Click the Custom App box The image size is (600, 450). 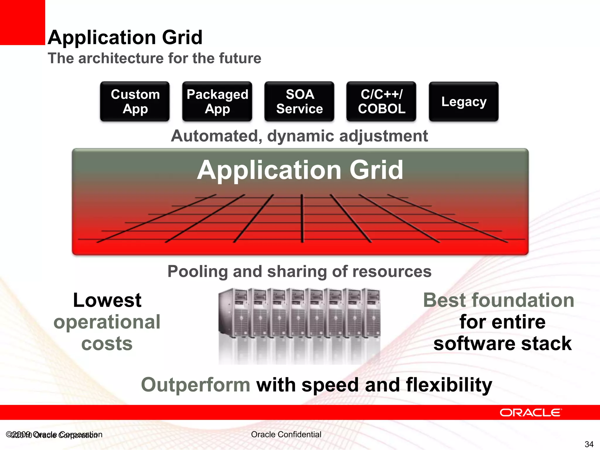coord(135,101)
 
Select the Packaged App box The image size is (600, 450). coord(217,101)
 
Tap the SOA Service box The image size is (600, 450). coord(299,101)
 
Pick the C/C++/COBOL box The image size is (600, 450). coord(381,101)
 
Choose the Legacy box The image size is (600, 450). coord(463,101)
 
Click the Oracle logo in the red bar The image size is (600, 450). coord(531,412)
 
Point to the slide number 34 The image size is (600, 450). coord(589,444)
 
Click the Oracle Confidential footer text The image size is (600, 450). coord(286,434)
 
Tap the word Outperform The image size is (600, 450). coord(195,385)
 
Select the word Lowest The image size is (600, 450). coord(107,300)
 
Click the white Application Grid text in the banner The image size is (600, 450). coord(300,170)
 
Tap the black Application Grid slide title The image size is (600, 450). coord(125,37)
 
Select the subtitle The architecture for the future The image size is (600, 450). coord(154,58)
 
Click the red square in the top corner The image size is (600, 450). coord(22,22)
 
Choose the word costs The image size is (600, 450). coord(107,343)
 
